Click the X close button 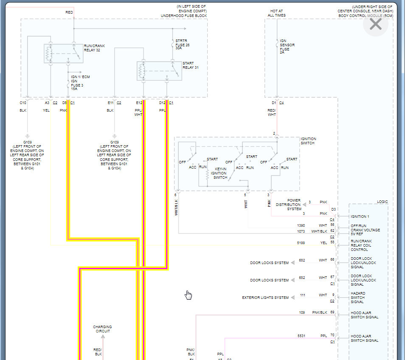[376, 24]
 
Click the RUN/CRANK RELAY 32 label [94, 48]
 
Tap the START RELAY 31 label [191, 65]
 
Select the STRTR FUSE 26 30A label [182, 44]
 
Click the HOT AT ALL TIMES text [276, 13]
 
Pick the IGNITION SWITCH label [308, 141]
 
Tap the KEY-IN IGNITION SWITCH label [219, 173]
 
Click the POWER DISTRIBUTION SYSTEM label [288, 205]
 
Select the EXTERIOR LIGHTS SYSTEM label [265, 298]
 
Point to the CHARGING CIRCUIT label [102, 329]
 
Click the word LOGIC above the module [382, 202]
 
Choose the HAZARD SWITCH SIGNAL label [357, 298]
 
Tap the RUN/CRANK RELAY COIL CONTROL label [362, 245]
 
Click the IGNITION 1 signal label [360, 217]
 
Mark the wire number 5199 [301, 243]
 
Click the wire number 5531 [301, 336]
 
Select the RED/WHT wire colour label [272, 112]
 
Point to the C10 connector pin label [23, 103]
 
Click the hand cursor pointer [188, 295]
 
